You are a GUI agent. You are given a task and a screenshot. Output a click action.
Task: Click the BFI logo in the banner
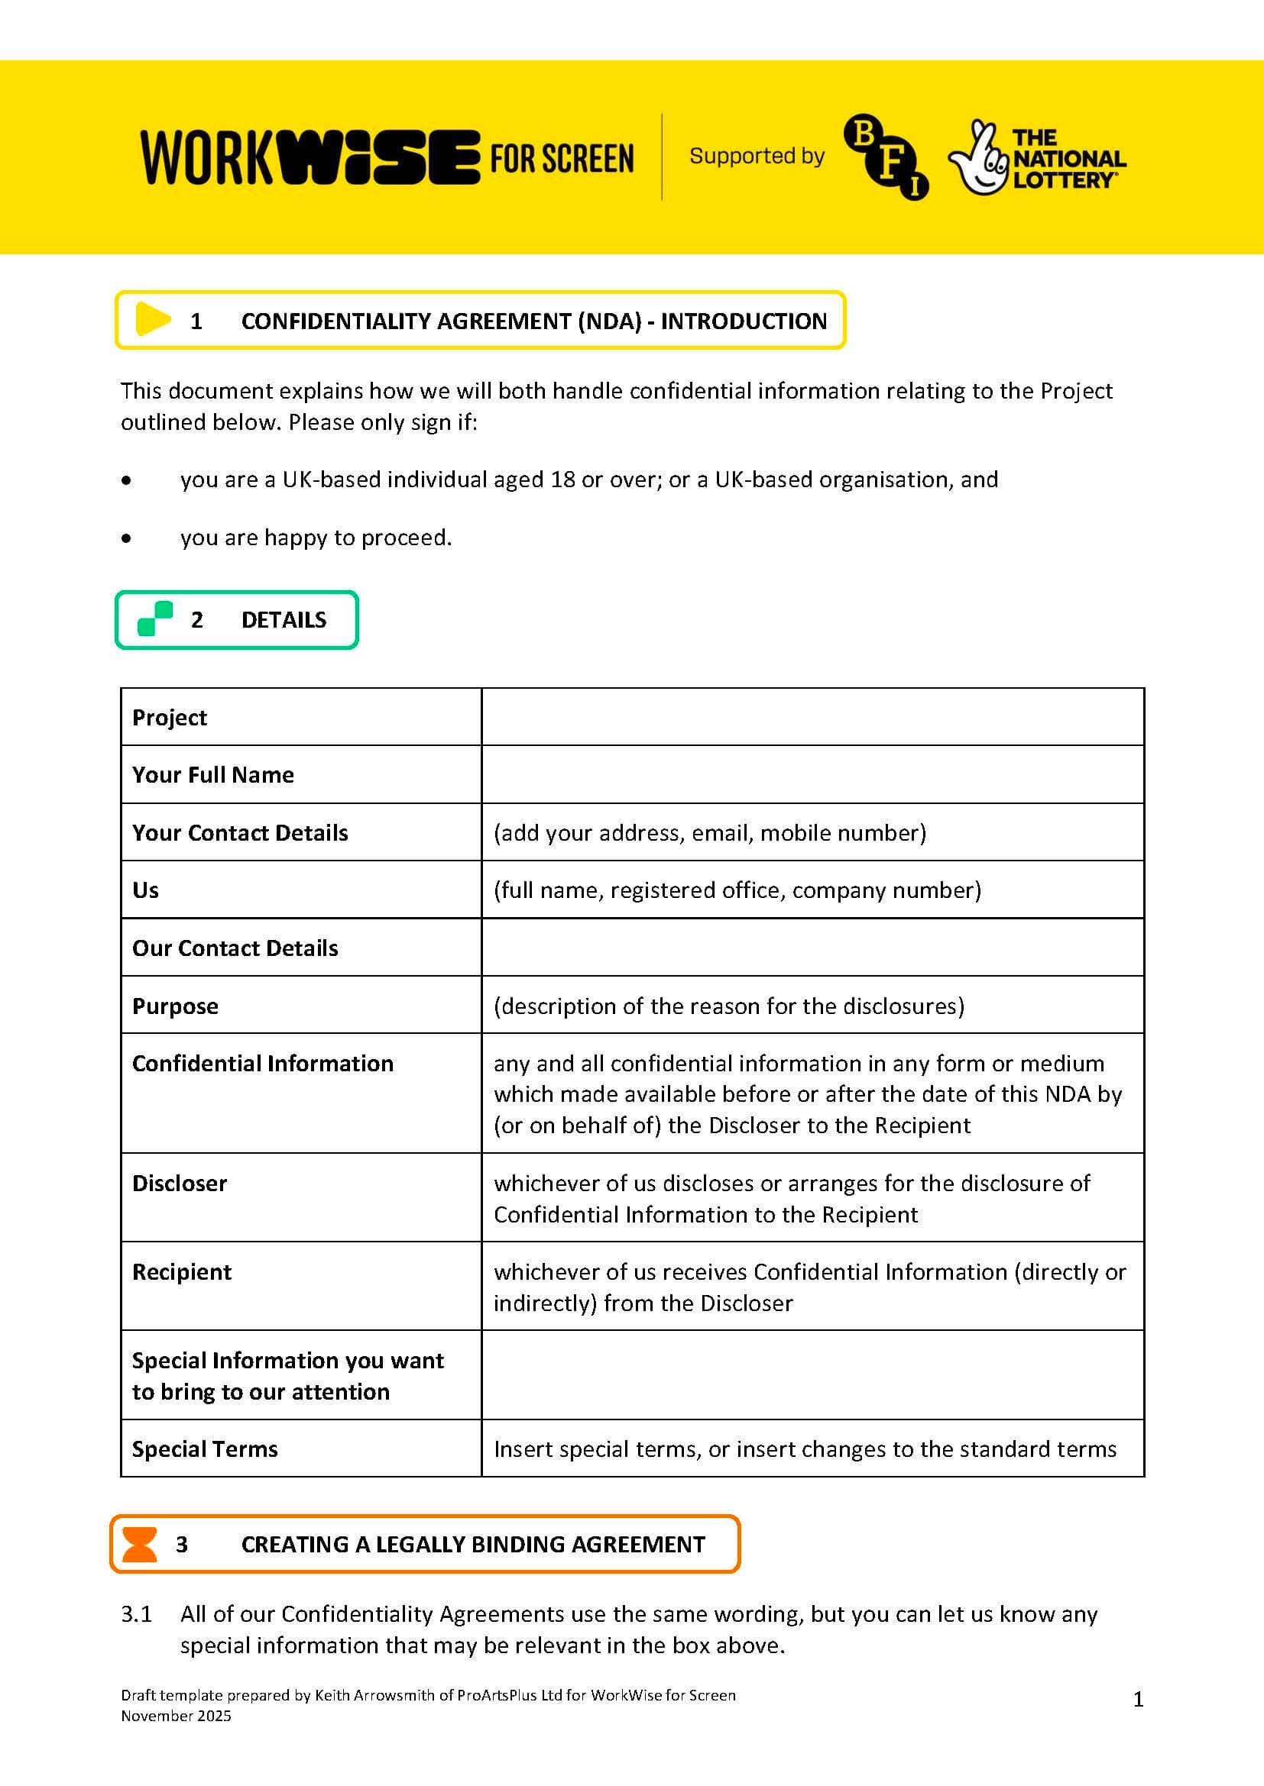point(886,157)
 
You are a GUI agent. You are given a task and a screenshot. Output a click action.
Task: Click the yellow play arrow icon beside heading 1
point(153,320)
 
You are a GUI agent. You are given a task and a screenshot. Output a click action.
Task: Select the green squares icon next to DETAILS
point(155,619)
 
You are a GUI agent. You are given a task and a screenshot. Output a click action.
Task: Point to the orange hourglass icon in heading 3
point(140,1544)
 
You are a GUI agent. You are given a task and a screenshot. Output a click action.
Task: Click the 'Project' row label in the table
point(170,717)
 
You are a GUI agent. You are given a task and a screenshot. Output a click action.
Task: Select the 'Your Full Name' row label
point(213,775)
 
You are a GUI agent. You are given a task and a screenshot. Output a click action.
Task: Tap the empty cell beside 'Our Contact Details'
point(812,948)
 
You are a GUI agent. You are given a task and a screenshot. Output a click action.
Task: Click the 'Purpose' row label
point(175,1006)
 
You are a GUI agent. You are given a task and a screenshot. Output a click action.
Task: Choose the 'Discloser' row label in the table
point(180,1183)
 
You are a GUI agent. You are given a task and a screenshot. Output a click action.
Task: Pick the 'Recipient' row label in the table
point(182,1272)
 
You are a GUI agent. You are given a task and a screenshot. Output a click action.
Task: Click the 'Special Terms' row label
point(205,1449)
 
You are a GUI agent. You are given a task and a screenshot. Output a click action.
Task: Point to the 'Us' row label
point(145,890)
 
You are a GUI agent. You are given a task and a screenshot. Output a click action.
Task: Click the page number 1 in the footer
point(1138,1700)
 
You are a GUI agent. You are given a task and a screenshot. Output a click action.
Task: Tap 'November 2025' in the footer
point(176,1716)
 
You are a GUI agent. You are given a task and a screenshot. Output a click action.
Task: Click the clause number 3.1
point(136,1614)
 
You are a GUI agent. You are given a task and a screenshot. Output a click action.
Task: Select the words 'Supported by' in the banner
point(757,157)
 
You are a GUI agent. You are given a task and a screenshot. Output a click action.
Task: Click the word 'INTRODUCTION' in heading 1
point(744,321)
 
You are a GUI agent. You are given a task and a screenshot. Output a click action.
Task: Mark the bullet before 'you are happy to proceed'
point(126,538)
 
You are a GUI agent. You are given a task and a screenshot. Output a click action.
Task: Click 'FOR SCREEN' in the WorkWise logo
point(561,159)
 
